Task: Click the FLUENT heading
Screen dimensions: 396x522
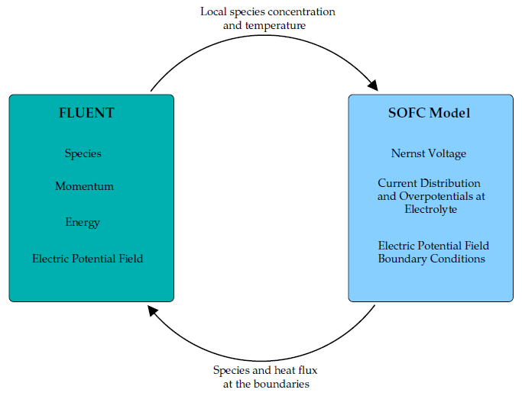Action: pos(86,114)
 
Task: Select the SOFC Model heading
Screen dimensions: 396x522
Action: pos(429,114)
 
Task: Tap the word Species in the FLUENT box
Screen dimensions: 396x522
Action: pos(83,154)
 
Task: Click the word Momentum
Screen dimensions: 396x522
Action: pos(84,187)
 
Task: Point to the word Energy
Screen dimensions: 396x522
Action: pos(83,223)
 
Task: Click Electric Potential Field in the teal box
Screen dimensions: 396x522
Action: pos(87,259)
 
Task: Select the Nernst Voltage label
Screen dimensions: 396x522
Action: pos(428,154)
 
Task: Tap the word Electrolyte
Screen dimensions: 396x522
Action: pos(431,208)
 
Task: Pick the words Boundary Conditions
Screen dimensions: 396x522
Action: pos(432,259)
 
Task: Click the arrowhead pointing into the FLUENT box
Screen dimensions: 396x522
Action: pos(154,311)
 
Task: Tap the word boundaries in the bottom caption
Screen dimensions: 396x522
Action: pos(283,384)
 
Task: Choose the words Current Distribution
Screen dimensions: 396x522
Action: pos(429,184)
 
